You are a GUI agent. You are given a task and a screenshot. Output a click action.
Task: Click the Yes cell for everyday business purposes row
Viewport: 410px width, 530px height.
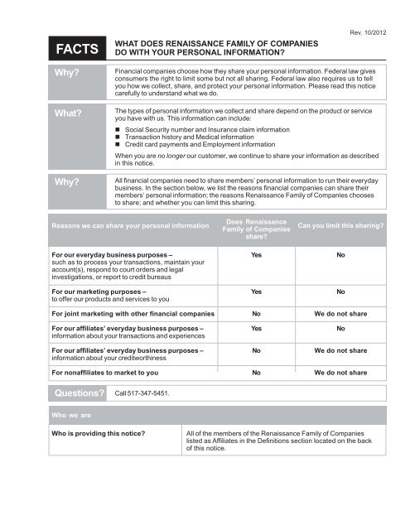257,256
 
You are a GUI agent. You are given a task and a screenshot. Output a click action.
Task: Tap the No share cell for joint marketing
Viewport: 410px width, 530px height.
257,315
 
